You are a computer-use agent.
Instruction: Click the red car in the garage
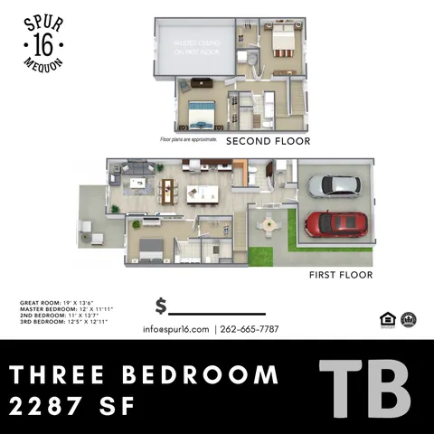pos(336,222)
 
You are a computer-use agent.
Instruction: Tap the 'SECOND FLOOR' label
pos(268,141)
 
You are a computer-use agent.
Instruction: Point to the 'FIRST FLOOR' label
pos(341,274)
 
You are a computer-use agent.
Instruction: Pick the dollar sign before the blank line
pos(161,307)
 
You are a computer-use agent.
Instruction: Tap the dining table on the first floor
pos(166,191)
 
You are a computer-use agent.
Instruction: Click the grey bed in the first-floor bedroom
pos(149,243)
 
